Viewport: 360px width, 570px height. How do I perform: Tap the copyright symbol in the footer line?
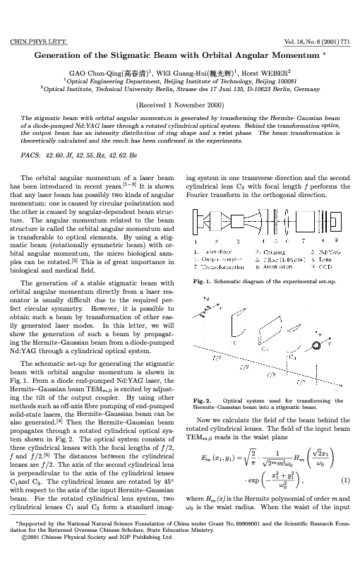point(24,557)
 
